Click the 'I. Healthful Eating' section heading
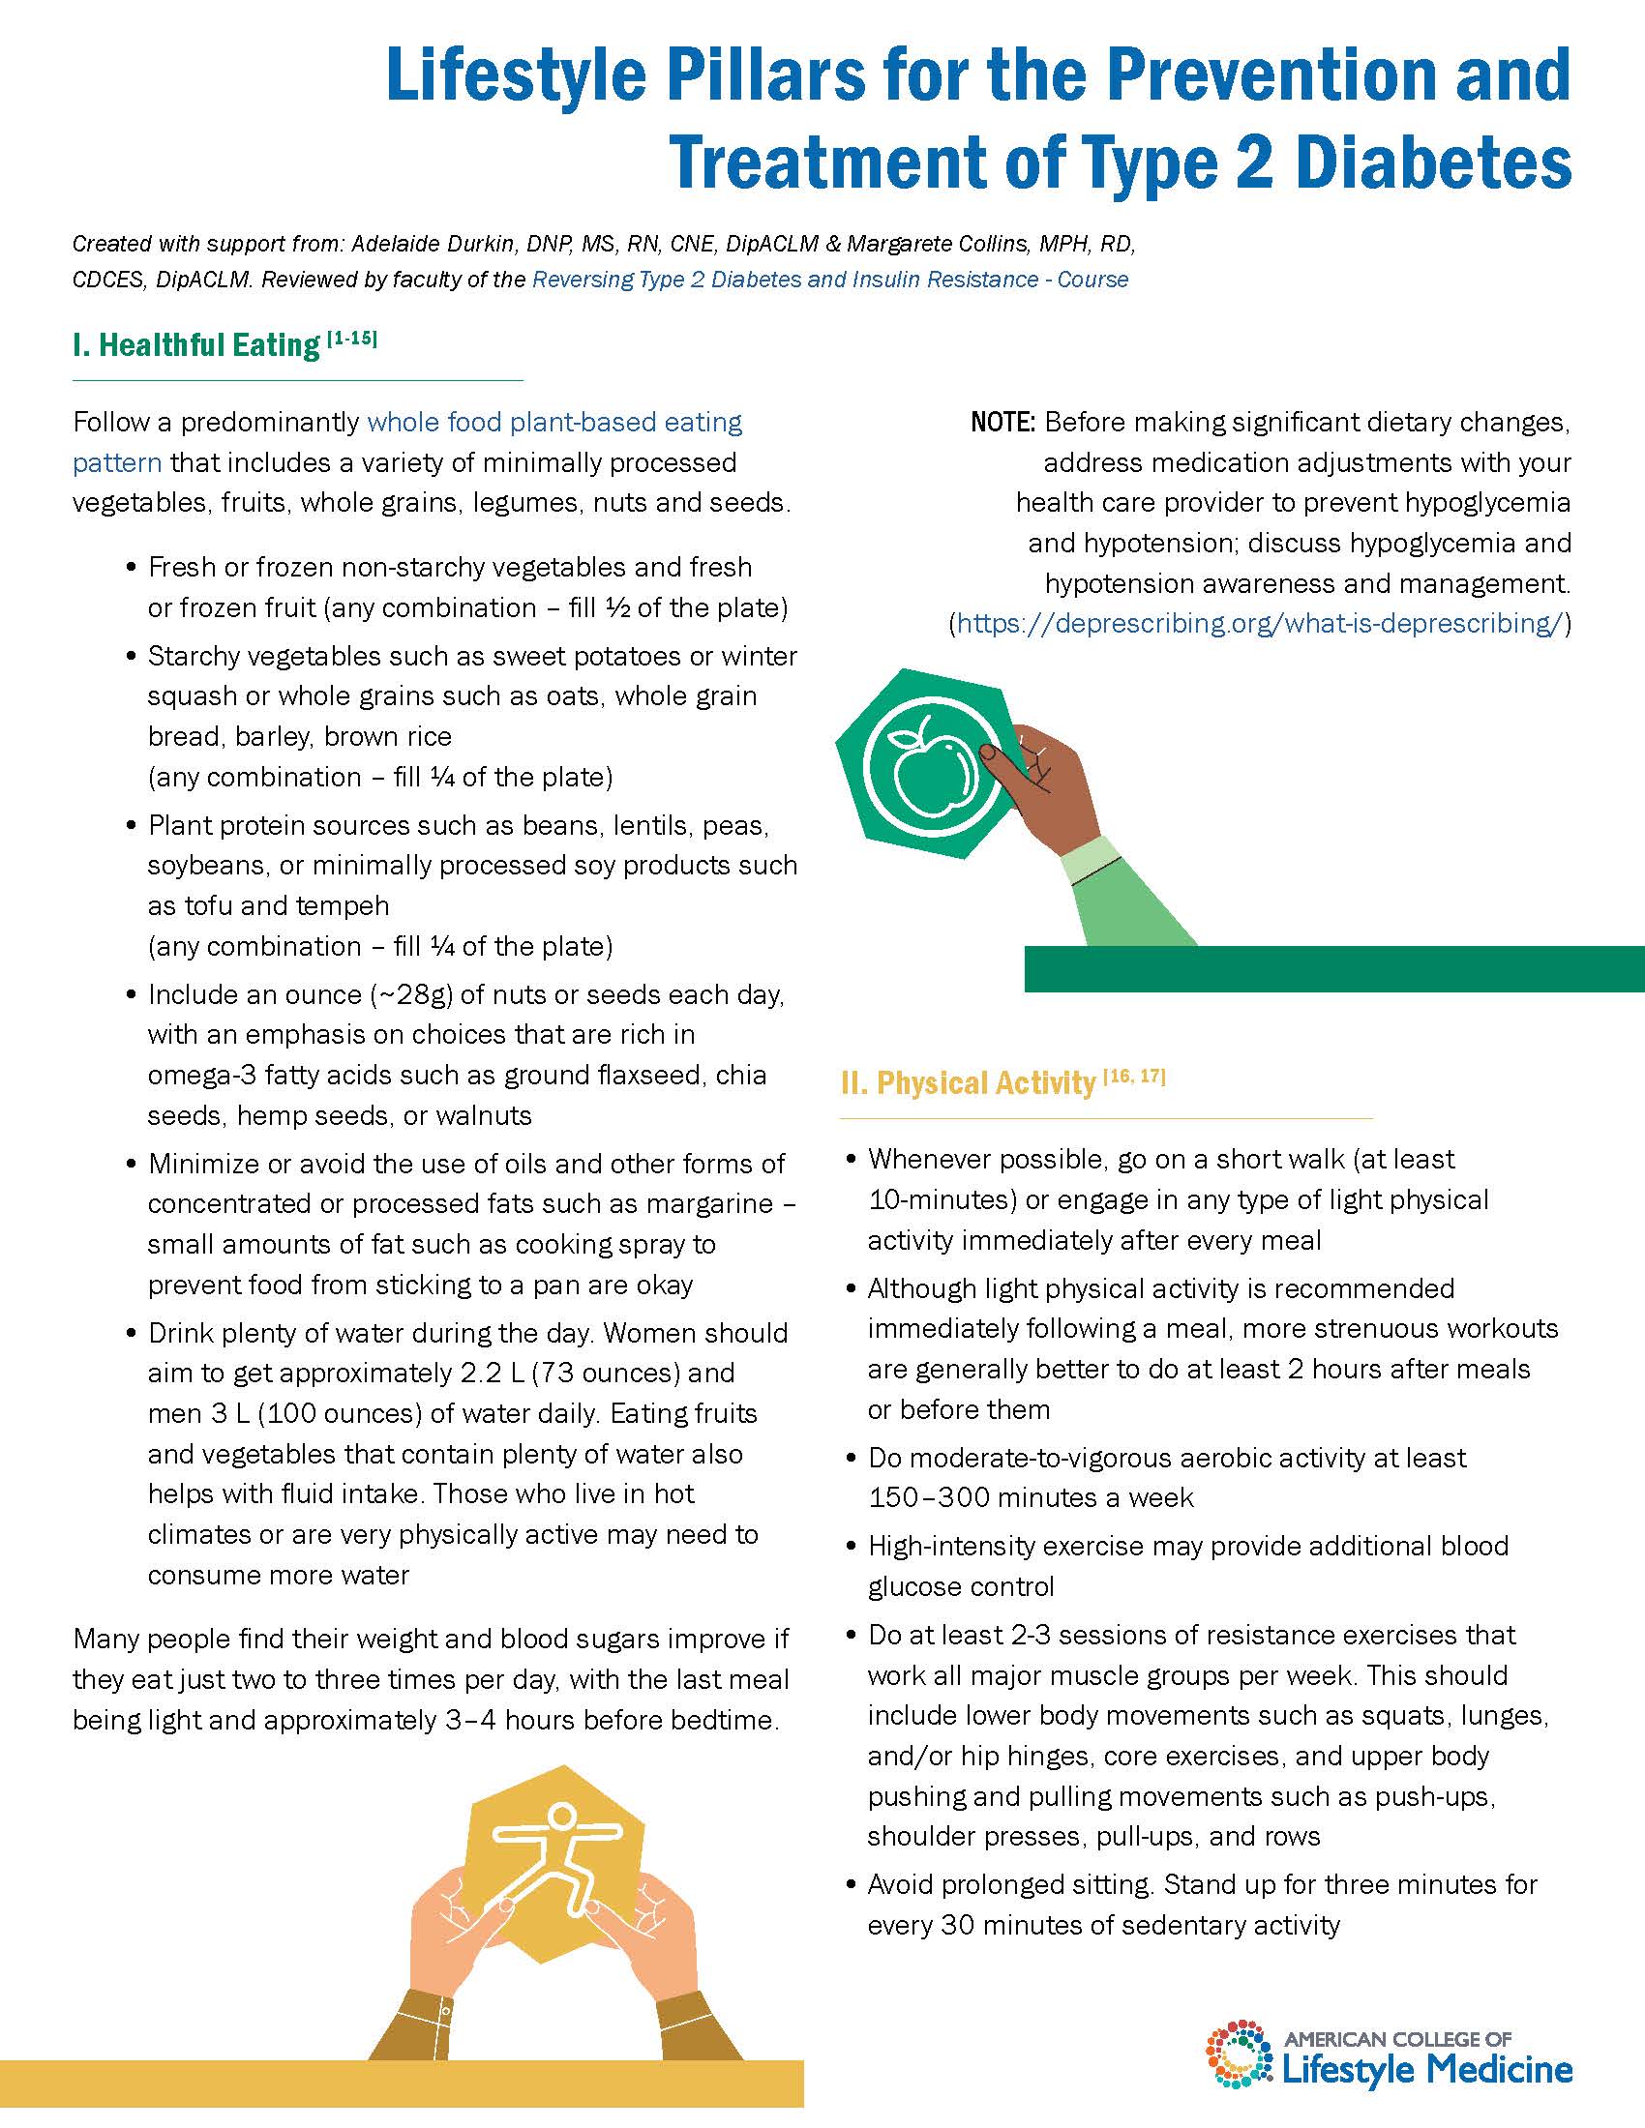tap(195, 345)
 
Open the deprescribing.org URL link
tap(1260, 624)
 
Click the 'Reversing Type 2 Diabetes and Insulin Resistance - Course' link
tap(829, 280)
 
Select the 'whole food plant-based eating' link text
tap(553, 422)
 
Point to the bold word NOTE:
tap(1002, 423)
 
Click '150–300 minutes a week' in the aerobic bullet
tap(1031, 1497)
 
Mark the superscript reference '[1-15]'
tap(352, 339)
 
